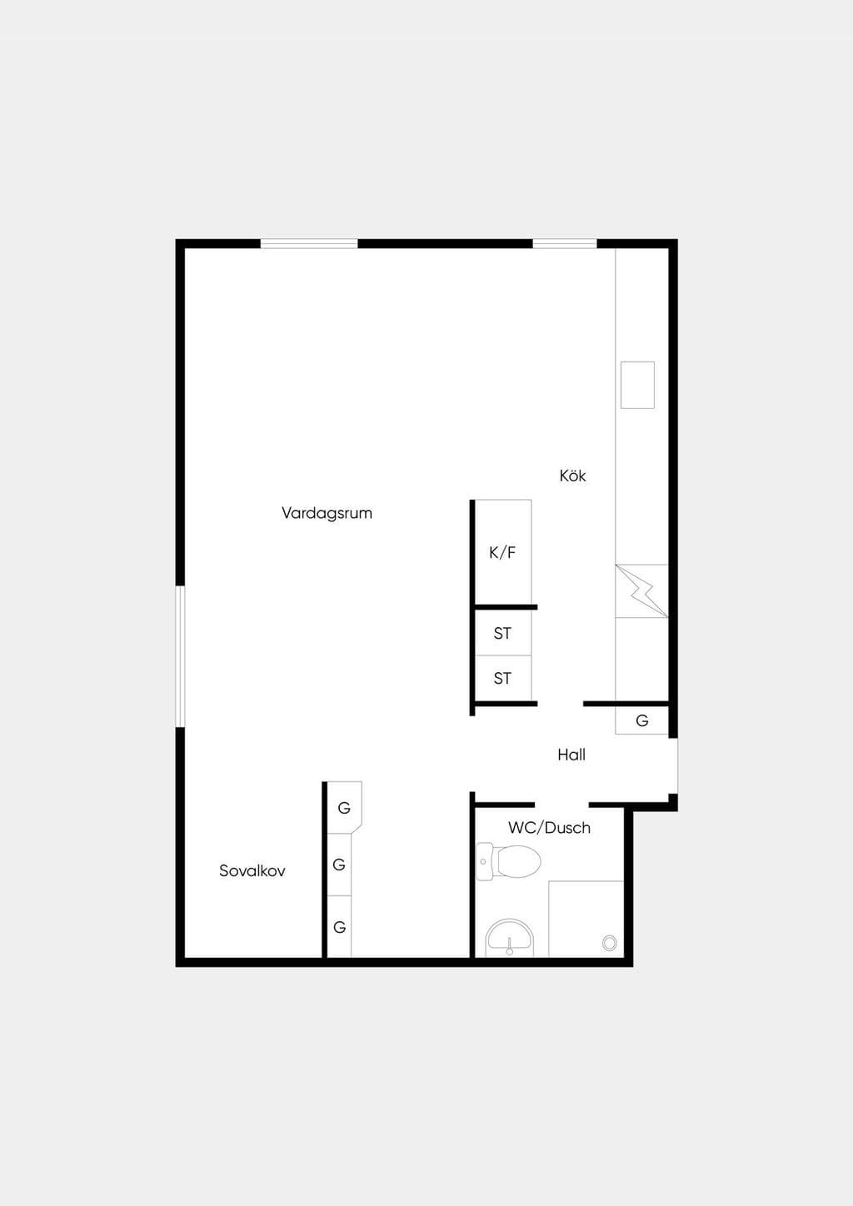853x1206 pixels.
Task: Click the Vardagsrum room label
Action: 327,513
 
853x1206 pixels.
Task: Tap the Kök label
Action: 572,476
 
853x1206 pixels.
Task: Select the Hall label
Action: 571,755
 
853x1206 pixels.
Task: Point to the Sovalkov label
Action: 252,870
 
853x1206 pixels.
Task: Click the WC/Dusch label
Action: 549,828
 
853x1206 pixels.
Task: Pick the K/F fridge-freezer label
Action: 502,552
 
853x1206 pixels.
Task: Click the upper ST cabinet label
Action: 502,634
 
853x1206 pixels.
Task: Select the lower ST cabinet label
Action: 502,678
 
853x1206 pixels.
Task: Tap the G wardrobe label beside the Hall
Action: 642,720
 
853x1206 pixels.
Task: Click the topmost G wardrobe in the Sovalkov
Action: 344,808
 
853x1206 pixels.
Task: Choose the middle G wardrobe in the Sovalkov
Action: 339,865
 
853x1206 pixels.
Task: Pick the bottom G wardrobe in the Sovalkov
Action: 339,927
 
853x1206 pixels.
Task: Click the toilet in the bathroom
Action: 509,861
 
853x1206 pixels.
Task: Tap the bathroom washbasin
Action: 510,939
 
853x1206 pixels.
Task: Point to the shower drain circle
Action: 610,943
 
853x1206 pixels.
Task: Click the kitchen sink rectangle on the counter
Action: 637,385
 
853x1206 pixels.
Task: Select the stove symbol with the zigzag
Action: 642,591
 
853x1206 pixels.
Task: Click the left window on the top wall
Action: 309,244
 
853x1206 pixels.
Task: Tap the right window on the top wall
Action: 565,244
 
